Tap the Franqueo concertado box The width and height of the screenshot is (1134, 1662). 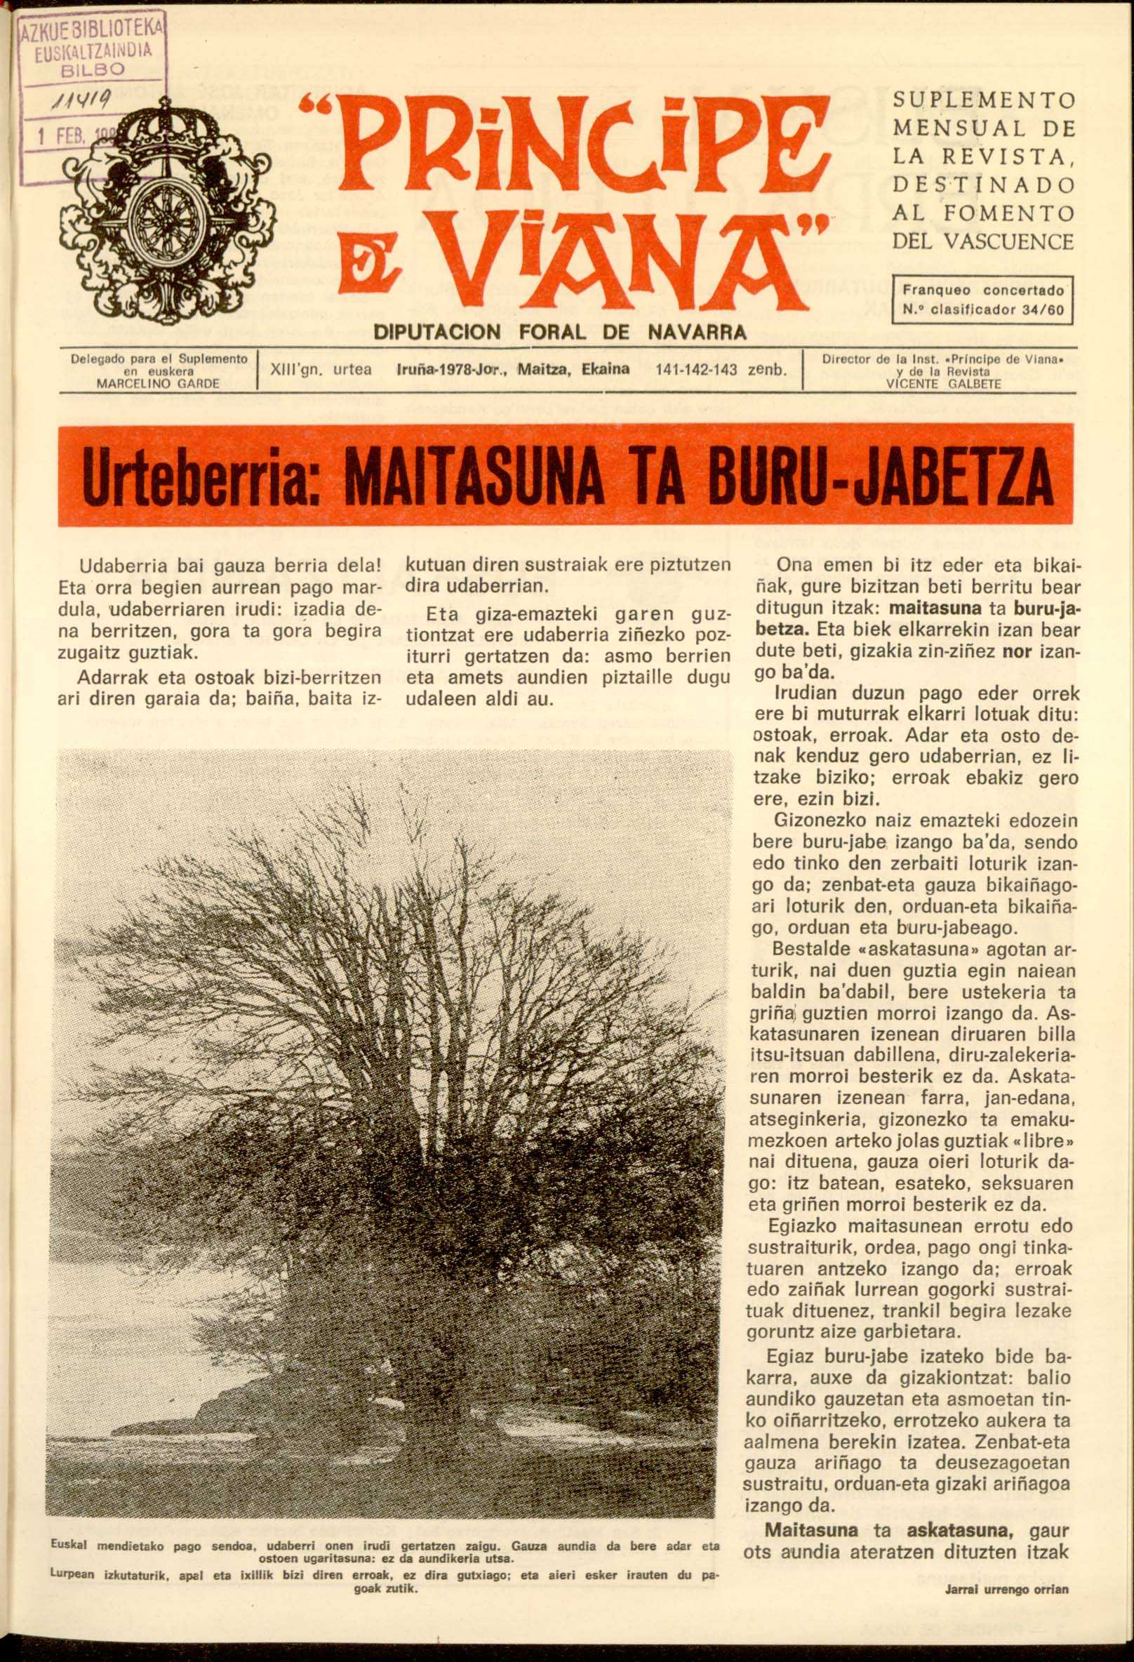tap(983, 300)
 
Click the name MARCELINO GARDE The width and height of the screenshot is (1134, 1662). tap(158, 383)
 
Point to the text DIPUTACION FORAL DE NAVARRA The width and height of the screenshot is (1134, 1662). tap(561, 332)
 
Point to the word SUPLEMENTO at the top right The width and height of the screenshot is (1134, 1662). tap(983, 100)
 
